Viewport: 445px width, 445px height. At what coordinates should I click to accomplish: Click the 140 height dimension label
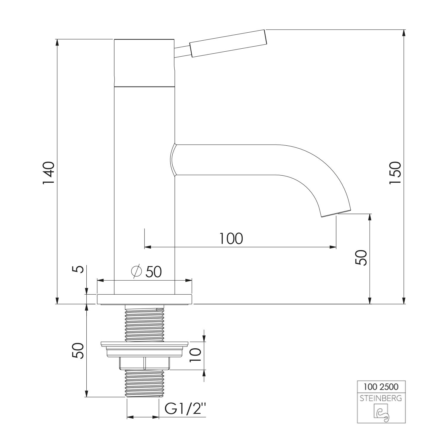coord(48,173)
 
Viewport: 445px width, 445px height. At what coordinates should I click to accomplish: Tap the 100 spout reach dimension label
coord(231,239)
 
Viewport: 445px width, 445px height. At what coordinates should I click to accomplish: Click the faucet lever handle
coord(228,43)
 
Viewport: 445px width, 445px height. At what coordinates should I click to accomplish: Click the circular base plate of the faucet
coord(145,299)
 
